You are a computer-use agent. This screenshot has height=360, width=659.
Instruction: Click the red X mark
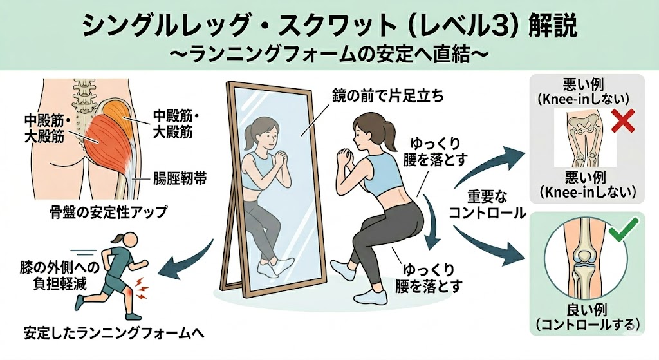(x=622, y=120)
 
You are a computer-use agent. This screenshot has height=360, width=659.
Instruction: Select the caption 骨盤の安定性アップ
(x=108, y=211)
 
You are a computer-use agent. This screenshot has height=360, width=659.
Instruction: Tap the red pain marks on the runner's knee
(x=140, y=288)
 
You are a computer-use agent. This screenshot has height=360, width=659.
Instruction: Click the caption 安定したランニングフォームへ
(x=114, y=333)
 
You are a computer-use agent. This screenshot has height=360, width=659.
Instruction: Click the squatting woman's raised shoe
(x=344, y=269)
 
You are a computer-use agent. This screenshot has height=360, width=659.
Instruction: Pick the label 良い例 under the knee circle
(x=587, y=310)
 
